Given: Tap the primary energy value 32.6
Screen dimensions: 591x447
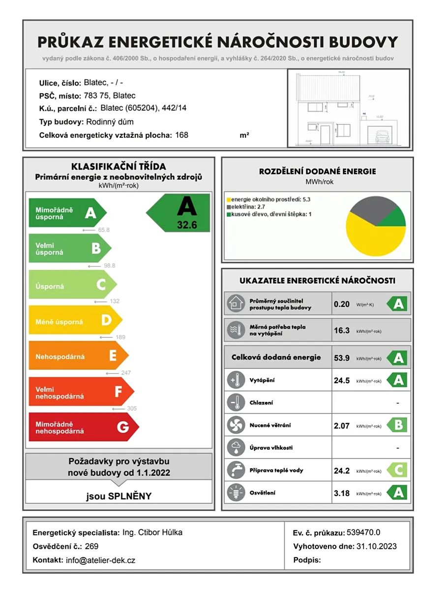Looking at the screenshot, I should tap(186, 225).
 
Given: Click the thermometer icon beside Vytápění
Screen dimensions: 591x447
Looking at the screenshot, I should tap(236, 380).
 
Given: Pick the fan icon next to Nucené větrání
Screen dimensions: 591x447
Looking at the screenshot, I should tap(236, 425).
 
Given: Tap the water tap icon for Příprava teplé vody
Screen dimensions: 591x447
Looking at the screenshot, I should tap(236, 470).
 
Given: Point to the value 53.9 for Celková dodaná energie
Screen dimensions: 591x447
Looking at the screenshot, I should tap(342, 358).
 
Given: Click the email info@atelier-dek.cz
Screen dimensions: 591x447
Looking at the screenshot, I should tap(100, 560).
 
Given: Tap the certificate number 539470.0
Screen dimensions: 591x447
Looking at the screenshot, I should tap(363, 532).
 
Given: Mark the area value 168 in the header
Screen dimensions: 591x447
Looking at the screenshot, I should tap(181, 135).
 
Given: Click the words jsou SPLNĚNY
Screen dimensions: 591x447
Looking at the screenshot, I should tap(119, 496).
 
